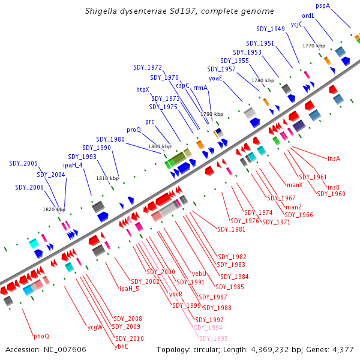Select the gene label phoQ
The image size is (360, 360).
tap(41, 336)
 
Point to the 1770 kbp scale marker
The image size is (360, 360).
tap(313, 46)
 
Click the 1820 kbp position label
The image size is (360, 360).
tap(53, 209)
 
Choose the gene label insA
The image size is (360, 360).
tap(334, 158)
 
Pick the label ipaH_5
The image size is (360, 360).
tap(129, 289)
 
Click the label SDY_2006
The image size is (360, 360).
tap(29, 187)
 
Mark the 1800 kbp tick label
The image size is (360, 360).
tap(160, 146)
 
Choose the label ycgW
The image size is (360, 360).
tap(95, 328)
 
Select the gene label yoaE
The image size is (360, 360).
tap(215, 77)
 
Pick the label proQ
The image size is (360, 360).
tap(134, 129)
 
